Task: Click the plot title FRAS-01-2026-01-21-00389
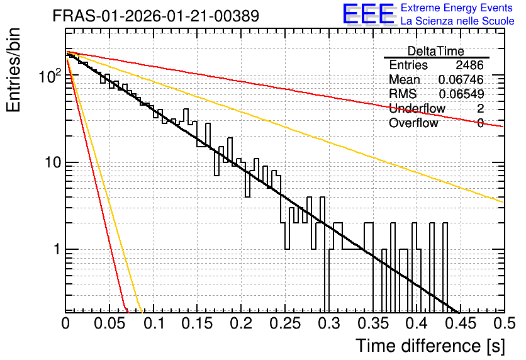pyautogui.click(x=156, y=16)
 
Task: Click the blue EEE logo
pyautogui.click(x=369, y=14)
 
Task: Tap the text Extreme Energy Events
pyautogui.click(x=457, y=8)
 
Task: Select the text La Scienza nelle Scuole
pyautogui.click(x=457, y=21)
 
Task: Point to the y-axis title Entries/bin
pyautogui.click(x=13, y=70)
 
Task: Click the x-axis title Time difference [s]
pyautogui.click(x=430, y=346)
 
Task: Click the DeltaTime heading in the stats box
pyautogui.click(x=436, y=51)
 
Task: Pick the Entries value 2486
pyautogui.click(x=469, y=65)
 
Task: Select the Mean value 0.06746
pyautogui.click(x=461, y=79)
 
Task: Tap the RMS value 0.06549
pyautogui.click(x=461, y=94)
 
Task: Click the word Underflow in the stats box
pyautogui.click(x=417, y=108)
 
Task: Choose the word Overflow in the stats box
pyautogui.click(x=413, y=123)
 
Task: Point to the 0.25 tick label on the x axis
pyautogui.click(x=285, y=323)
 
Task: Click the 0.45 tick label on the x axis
pyautogui.click(x=461, y=323)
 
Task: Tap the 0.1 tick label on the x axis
pyautogui.click(x=154, y=323)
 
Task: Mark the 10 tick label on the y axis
pyautogui.click(x=53, y=162)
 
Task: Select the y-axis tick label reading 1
pyautogui.click(x=57, y=250)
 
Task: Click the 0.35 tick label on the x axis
pyautogui.click(x=373, y=323)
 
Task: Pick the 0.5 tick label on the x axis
pyautogui.click(x=505, y=323)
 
